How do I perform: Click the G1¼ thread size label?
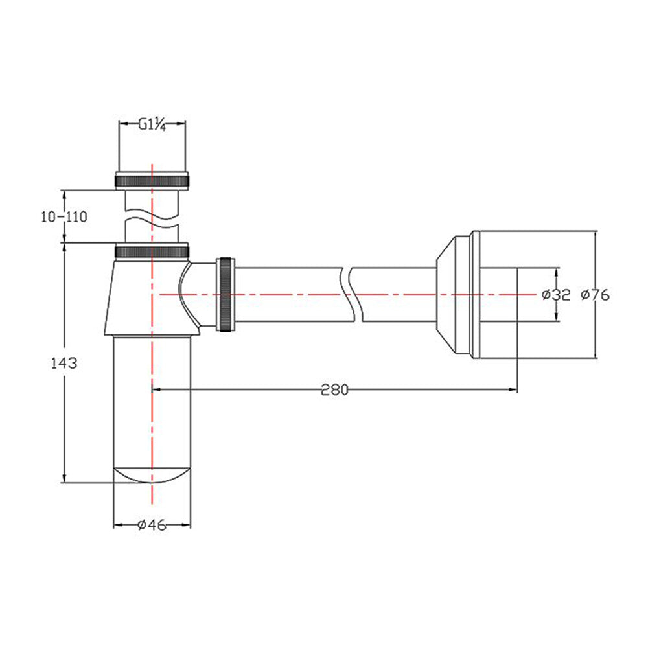click(152, 124)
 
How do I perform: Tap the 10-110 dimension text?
click(64, 217)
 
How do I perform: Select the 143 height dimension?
click(64, 364)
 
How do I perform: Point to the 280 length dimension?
click(335, 389)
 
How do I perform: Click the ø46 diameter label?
click(152, 525)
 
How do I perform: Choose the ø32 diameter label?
click(556, 295)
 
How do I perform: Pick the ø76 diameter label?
click(595, 295)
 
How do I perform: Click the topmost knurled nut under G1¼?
click(152, 181)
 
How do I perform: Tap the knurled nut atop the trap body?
click(152, 251)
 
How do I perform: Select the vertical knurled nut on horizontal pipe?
click(226, 294)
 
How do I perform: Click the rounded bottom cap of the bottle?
click(152, 475)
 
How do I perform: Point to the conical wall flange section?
click(446, 294)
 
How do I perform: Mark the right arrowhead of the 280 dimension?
click(514, 389)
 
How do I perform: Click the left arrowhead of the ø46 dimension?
click(118, 525)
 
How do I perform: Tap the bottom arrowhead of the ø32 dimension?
click(556, 317)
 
